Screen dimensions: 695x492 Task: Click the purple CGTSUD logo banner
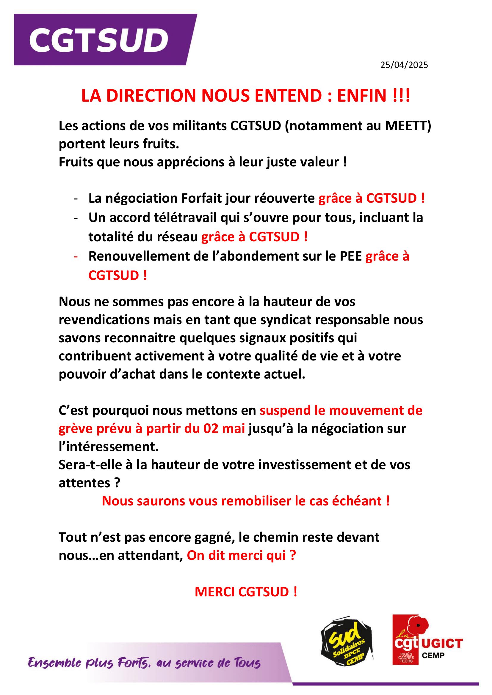(103, 40)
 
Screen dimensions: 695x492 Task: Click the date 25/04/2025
(404, 65)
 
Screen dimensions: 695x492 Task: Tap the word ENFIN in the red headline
(362, 96)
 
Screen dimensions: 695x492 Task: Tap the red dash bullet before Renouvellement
(76, 256)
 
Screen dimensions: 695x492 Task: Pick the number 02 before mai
(211, 429)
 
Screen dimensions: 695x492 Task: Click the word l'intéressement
(109, 447)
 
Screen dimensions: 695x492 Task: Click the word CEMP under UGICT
(433, 656)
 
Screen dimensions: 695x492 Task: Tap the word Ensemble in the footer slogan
(55, 663)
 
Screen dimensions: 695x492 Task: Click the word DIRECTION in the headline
(151, 96)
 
